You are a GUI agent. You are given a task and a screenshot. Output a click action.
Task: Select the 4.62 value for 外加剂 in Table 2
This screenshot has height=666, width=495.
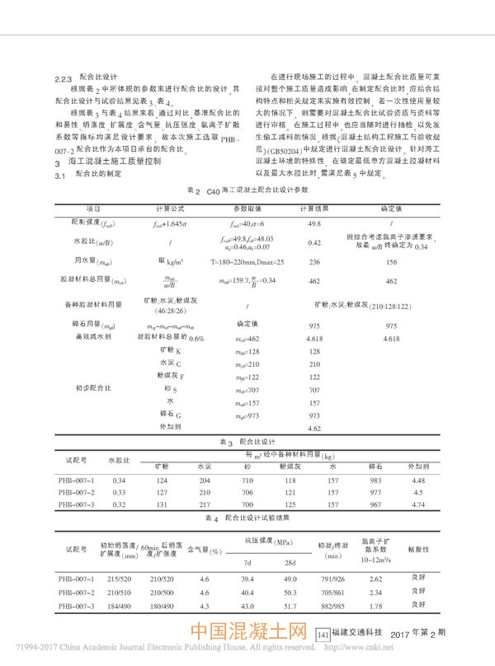313,429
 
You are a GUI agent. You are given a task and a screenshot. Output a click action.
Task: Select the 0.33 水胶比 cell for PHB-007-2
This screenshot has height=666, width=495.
119,492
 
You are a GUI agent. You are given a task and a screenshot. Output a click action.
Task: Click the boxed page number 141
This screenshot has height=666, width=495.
323,634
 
